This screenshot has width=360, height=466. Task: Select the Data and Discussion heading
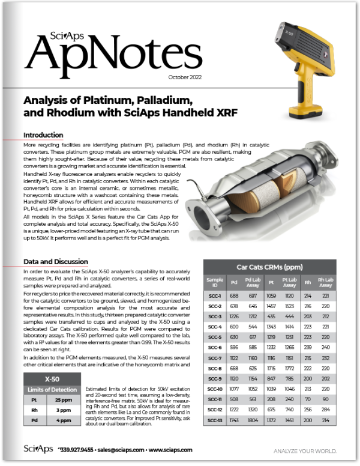[56, 262]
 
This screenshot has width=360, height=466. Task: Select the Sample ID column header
[214, 283]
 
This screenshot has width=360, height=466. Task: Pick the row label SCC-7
[214, 358]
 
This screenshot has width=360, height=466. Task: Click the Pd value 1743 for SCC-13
[234, 420]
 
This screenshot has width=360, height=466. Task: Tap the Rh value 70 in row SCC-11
[308, 399]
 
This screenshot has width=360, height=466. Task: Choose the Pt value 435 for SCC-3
[271, 316]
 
